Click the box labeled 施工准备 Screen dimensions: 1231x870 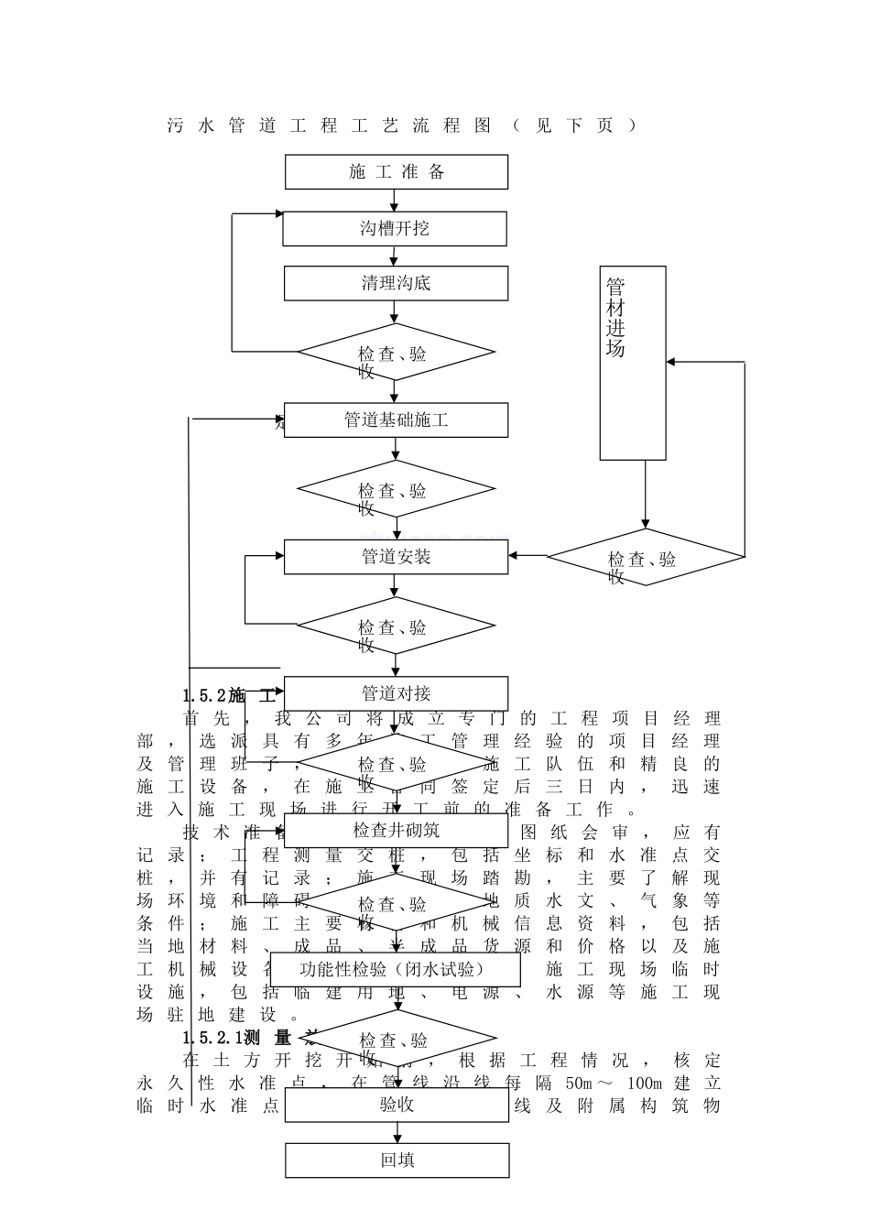pos(397,172)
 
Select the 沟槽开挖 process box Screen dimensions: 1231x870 pos(394,229)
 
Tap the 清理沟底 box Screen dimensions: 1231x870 pos(396,284)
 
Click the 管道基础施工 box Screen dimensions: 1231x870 pos(396,420)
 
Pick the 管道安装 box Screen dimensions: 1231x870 pos(396,557)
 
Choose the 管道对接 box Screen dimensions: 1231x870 pos(396,693)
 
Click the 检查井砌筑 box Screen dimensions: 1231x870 pos(396,830)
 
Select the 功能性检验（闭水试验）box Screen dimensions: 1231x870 pos(397,969)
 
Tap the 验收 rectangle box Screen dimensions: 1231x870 pos(397,1105)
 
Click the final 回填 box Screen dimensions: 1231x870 pos(397,1160)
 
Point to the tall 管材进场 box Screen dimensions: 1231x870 pos(633,363)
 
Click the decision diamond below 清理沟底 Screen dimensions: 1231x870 pos(396,352)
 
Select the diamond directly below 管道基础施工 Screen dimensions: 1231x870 pos(396,489)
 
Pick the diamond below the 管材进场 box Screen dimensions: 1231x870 pos(646,557)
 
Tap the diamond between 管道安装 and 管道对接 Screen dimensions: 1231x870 pos(396,626)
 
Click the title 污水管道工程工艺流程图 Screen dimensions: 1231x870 pos(330,125)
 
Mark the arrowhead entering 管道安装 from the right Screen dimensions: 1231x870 pos(514,556)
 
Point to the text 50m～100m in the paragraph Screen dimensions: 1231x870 pos(591,1083)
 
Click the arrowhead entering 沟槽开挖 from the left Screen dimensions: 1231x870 pos(278,214)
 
